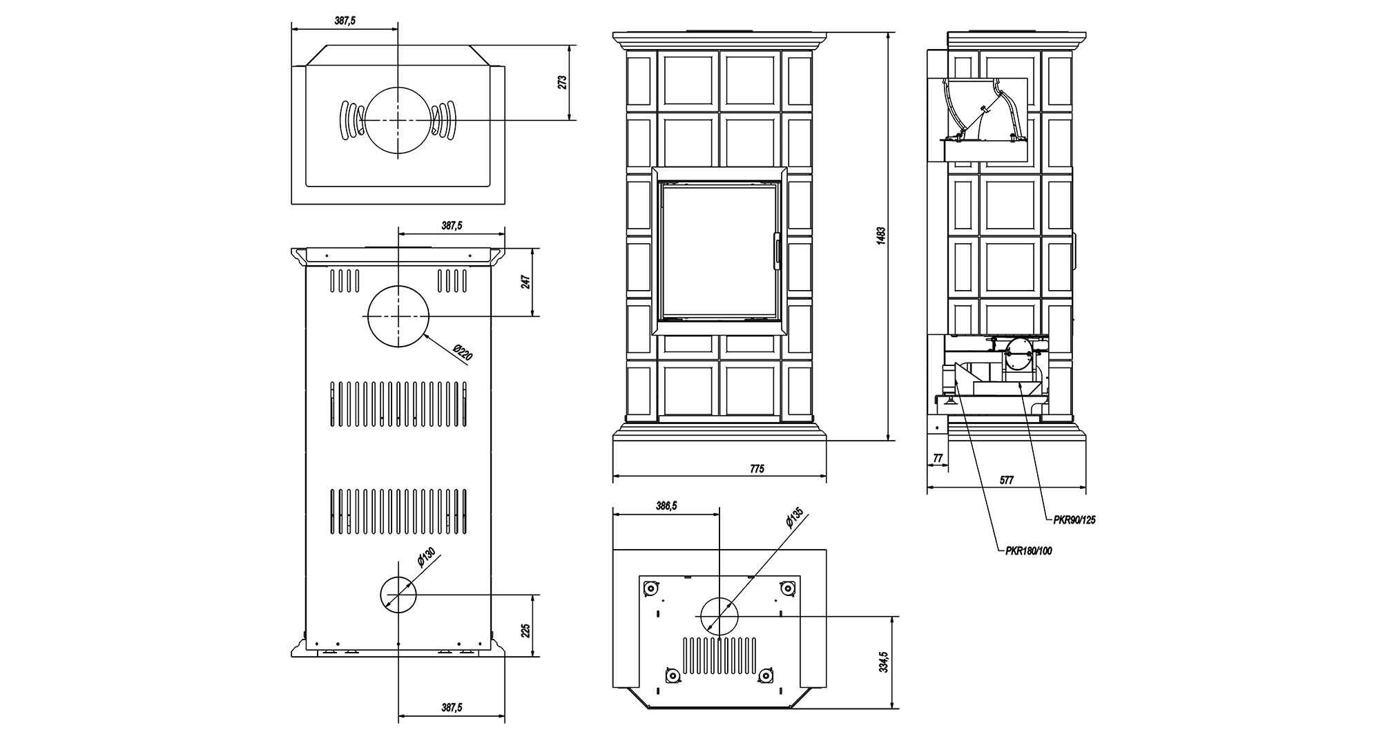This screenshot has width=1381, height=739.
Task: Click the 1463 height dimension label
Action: [880, 236]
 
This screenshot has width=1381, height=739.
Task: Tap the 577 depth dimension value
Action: [1007, 481]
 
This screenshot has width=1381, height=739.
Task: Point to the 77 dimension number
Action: [937, 458]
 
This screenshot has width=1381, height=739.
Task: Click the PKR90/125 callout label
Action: [1074, 521]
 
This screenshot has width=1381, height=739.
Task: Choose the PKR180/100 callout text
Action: [1029, 551]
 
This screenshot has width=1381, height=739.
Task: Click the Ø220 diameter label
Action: [463, 352]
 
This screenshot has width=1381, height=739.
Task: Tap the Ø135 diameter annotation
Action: [794, 518]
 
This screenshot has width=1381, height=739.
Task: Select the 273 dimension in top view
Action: [562, 82]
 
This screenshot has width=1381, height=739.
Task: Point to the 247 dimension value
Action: [526, 282]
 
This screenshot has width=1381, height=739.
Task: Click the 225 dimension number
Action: [526, 630]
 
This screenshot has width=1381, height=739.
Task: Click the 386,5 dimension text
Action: [666, 506]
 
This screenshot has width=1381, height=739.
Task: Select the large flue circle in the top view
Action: [398, 120]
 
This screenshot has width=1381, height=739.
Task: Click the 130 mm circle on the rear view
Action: [398, 594]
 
